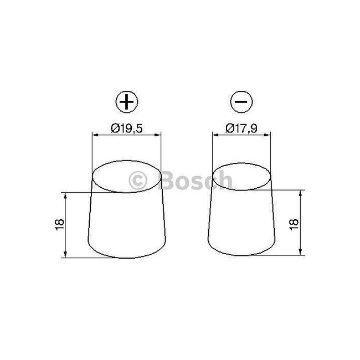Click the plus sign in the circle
point(127,102)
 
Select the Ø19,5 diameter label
point(127,128)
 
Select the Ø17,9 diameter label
point(241,128)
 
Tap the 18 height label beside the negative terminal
point(294,224)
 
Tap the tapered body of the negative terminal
point(242,227)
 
